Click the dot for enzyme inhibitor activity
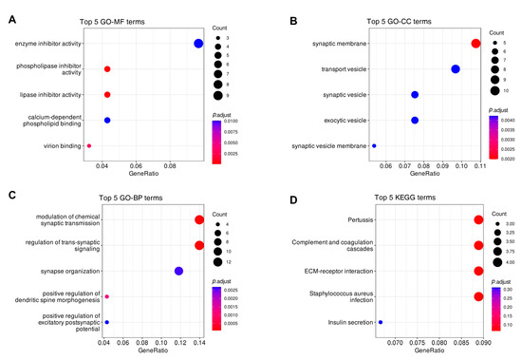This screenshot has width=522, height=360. tap(198, 44)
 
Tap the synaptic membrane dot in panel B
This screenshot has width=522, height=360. tap(475, 44)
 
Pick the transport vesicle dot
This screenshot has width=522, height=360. tap(456, 69)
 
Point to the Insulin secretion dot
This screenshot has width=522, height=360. tap(381, 323)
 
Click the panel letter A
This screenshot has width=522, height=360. tap(9, 9)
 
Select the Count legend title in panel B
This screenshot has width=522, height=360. tap(500, 32)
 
